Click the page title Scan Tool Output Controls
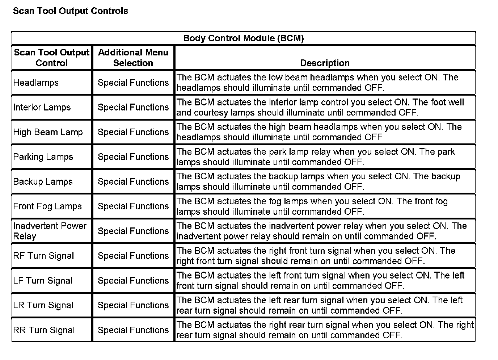pos(70,11)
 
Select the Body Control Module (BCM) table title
pos(243,38)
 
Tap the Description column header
pos(325,63)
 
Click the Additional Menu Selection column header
pos(133,58)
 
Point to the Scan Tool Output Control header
pos(52,58)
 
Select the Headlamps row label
pos(36,83)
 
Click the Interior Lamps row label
pos(42,107)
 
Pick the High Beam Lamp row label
pos(48,132)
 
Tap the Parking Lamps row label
pos(43,157)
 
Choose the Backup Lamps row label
pos(43,182)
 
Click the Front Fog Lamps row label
pos(47,206)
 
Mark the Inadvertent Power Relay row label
pos(50,231)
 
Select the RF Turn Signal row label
pos(43,256)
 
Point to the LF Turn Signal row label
pos(43,281)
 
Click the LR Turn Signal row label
pos(43,305)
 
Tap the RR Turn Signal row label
pos(44,330)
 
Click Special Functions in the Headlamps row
pos(133,83)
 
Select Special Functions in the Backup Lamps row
pos(133,182)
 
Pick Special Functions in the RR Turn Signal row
pos(133,330)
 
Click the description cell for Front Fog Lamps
pos(312,206)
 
